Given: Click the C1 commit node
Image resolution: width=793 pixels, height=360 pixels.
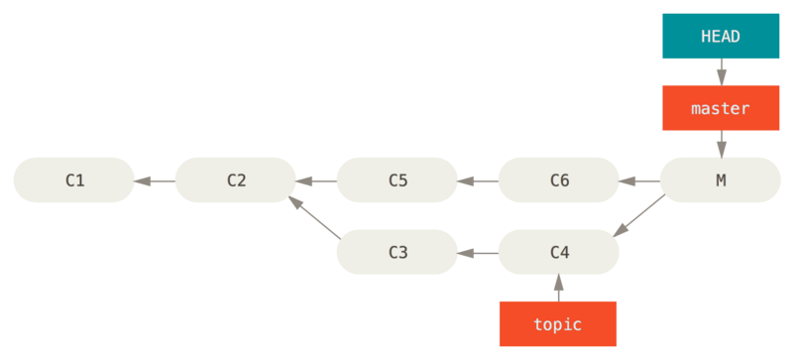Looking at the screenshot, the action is [x=73, y=180].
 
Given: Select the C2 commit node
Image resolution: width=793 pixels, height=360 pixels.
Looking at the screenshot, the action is [x=235, y=180].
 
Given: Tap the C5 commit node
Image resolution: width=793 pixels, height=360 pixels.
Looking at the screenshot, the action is [x=396, y=180].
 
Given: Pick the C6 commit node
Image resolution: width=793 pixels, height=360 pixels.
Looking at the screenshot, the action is [x=558, y=180].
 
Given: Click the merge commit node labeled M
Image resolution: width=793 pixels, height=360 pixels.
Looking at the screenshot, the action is [x=720, y=180].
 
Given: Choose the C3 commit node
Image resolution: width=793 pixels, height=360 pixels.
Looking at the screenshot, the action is [x=396, y=252].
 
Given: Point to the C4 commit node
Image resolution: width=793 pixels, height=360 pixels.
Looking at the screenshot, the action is [x=558, y=252].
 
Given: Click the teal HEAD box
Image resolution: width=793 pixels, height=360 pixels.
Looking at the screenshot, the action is [x=721, y=36].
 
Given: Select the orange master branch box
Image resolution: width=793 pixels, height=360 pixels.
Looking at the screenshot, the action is [x=721, y=108].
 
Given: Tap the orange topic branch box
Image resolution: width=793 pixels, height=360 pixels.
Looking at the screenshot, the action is [x=558, y=323].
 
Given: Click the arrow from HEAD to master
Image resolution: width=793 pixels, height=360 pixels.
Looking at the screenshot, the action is [x=721, y=71].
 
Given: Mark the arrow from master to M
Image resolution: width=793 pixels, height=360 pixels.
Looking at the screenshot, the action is [x=721, y=144].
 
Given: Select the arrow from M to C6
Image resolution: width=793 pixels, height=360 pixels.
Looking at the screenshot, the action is [x=639, y=180].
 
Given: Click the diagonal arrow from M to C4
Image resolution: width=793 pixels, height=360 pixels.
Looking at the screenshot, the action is [x=639, y=216].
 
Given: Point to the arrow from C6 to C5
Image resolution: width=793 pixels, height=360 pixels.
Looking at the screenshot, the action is [x=478, y=180].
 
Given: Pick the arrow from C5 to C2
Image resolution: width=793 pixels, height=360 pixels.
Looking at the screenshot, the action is [x=316, y=180].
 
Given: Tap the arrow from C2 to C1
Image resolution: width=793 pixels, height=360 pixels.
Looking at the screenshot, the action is [x=155, y=180].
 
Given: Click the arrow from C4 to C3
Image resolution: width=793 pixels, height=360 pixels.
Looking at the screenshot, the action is [x=478, y=253].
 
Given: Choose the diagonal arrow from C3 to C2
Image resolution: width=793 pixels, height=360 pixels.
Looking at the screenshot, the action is [x=316, y=216].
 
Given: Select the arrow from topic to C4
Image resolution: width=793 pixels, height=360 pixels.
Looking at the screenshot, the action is [x=558, y=288].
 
